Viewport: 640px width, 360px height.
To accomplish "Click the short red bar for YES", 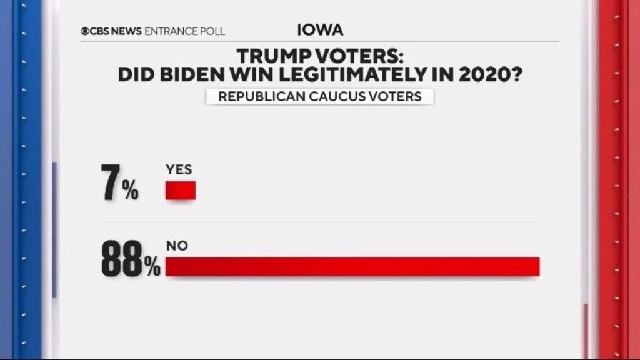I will [x=181, y=191].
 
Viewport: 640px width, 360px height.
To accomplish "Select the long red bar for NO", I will [x=352, y=266].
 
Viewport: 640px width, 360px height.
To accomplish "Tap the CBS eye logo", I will [x=85, y=31].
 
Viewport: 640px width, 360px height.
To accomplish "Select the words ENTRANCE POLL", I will [x=185, y=31].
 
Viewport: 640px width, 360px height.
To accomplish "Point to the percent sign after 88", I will [x=153, y=267].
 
